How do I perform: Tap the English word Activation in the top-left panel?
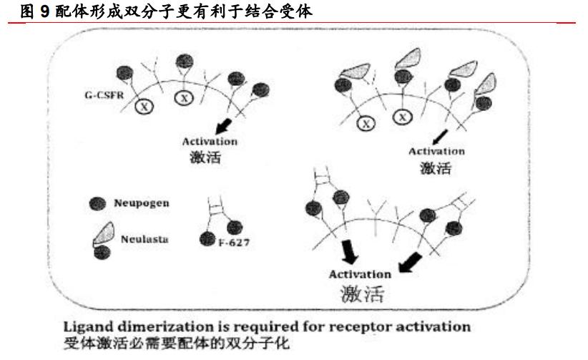[209, 142]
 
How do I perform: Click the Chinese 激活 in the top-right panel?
[436, 168]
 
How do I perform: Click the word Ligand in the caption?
[84, 326]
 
